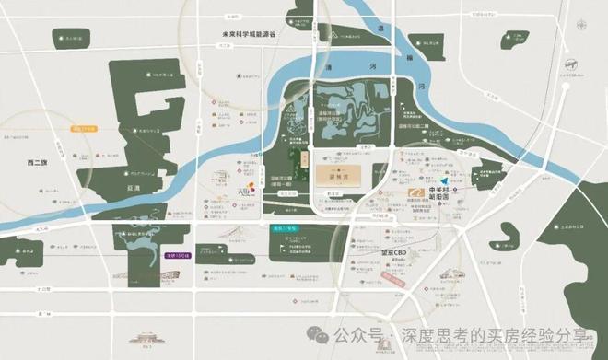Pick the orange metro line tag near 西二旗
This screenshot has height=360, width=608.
coord(85,129)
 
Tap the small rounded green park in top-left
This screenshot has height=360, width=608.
coord(68,40)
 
